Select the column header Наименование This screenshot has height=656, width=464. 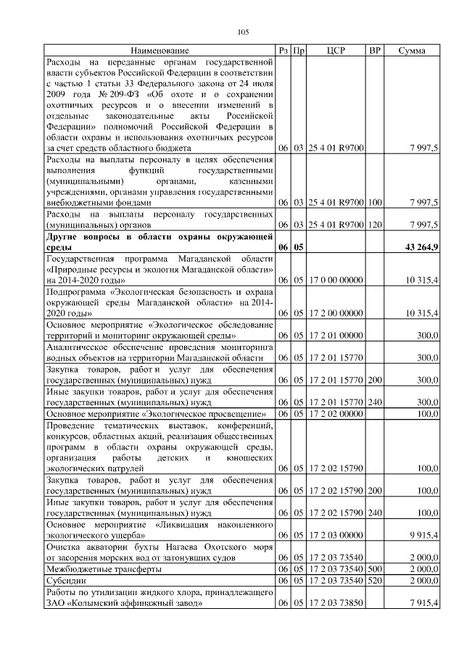[x=159, y=51]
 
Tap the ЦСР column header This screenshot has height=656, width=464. [x=336, y=51]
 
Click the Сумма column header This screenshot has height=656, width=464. [x=411, y=51]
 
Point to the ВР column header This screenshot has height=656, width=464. [x=374, y=51]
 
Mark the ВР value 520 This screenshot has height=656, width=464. [x=375, y=581]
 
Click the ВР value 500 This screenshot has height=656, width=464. [x=375, y=569]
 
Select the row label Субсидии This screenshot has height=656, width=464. [x=66, y=581]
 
